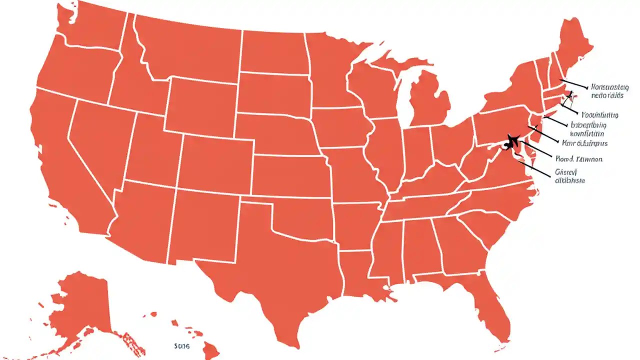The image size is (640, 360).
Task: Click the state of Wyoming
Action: click(x=200, y=105)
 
